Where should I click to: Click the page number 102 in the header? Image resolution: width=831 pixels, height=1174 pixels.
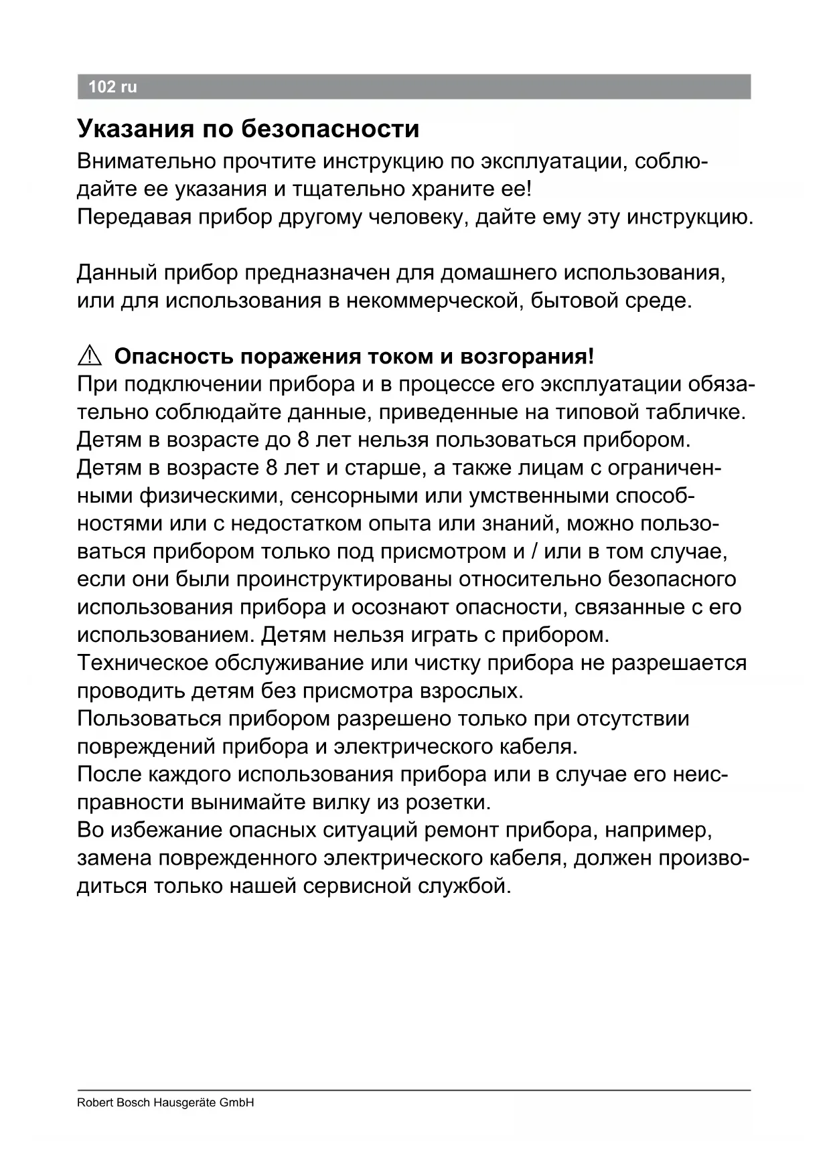point(102,87)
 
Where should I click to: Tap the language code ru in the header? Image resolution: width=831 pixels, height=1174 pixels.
point(129,87)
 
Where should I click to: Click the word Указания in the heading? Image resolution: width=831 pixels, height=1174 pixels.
point(136,129)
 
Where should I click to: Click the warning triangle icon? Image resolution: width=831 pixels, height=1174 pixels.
point(89,357)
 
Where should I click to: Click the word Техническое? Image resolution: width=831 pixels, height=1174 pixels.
point(143,663)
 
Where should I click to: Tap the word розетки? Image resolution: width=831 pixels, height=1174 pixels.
point(449,802)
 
